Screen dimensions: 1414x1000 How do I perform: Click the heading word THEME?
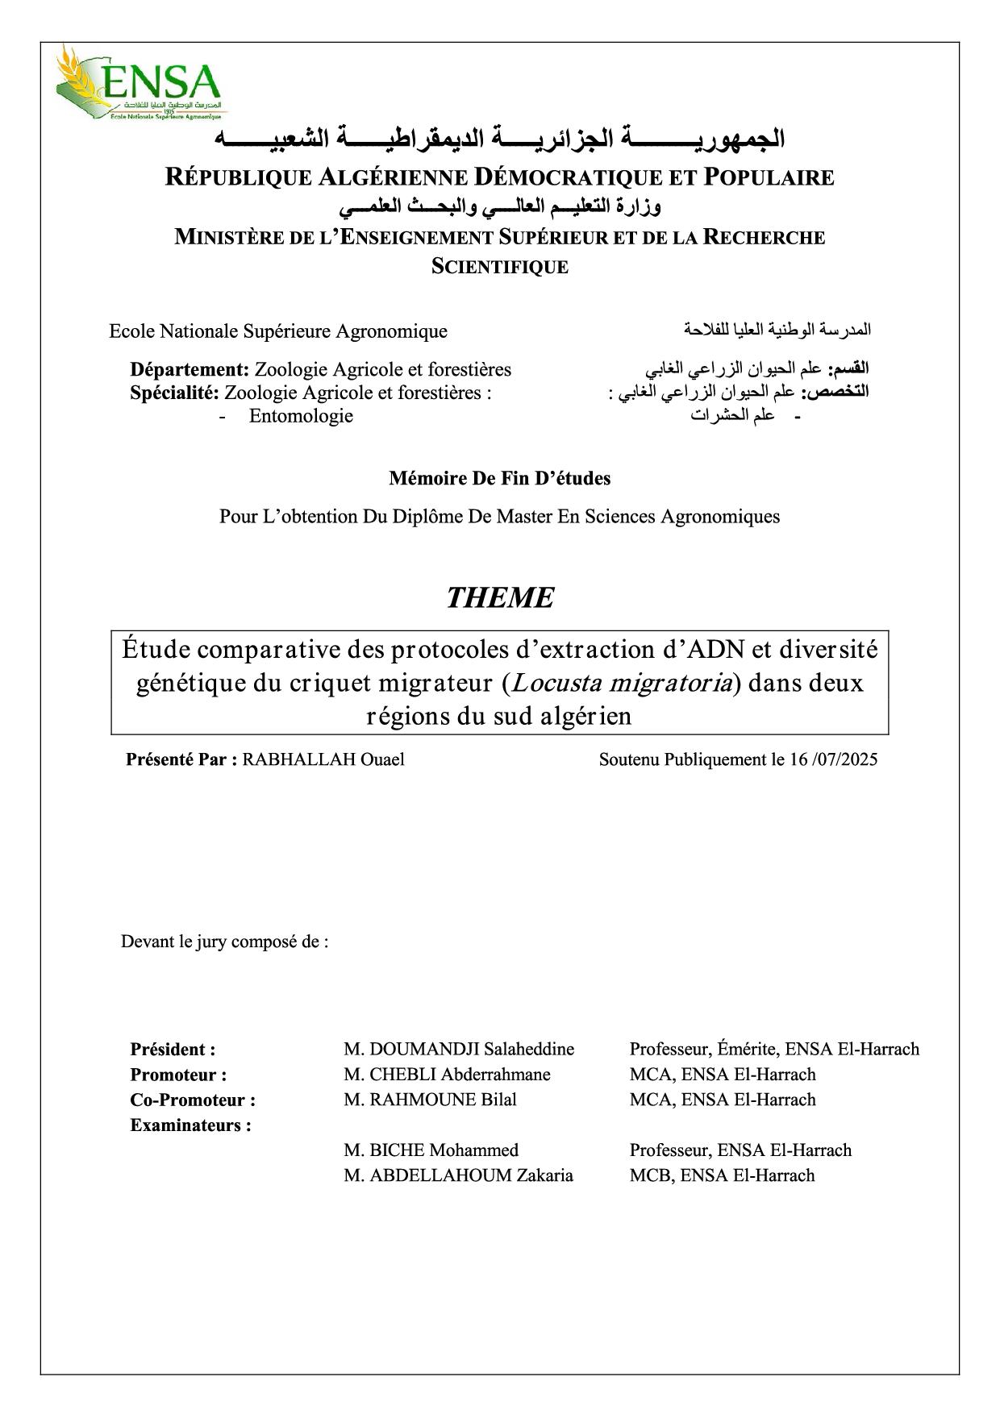pyautogui.click(x=500, y=597)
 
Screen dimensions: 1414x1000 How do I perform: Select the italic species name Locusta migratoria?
pyautogui.click(x=621, y=683)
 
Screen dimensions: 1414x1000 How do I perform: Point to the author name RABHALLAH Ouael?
pyautogui.click(x=323, y=759)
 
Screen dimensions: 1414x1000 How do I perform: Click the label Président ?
pyautogui.click(x=173, y=1050)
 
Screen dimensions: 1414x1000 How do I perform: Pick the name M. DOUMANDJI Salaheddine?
pyautogui.click(x=459, y=1049)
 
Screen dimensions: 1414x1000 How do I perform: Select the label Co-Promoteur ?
pyautogui.click(x=193, y=1100)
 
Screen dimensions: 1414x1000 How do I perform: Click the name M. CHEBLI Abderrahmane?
pyautogui.click(x=447, y=1075)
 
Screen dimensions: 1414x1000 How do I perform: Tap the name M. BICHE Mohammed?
pyautogui.click(x=431, y=1150)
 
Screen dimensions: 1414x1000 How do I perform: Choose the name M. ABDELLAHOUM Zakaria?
pyautogui.click(x=458, y=1175)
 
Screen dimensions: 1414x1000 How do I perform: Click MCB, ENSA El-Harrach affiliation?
pyautogui.click(x=722, y=1175)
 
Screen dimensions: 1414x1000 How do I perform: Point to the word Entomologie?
pyautogui.click(x=301, y=416)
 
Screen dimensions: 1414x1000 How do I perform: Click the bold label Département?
pyautogui.click(x=190, y=369)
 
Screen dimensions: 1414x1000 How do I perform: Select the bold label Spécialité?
pyautogui.click(x=174, y=393)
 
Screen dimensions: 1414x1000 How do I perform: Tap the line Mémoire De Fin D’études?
pyautogui.click(x=499, y=478)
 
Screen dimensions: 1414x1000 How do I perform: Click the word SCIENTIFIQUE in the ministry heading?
pyautogui.click(x=500, y=267)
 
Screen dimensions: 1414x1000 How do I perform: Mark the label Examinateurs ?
pyautogui.click(x=190, y=1125)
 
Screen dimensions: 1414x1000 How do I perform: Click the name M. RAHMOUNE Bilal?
pyautogui.click(x=430, y=1100)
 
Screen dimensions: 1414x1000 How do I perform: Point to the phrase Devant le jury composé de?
pyautogui.click(x=224, y=942)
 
